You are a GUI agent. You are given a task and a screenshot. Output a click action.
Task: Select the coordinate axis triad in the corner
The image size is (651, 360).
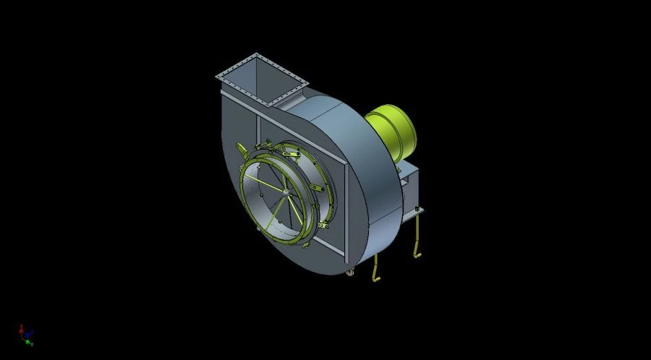click(27, 334)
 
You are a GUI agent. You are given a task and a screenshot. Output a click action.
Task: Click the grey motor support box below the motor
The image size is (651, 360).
click(408, 184)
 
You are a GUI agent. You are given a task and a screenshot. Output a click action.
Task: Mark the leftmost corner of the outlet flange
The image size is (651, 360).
click(217, 75)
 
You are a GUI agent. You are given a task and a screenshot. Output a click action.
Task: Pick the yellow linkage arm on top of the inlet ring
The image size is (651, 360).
click(289, 152)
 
